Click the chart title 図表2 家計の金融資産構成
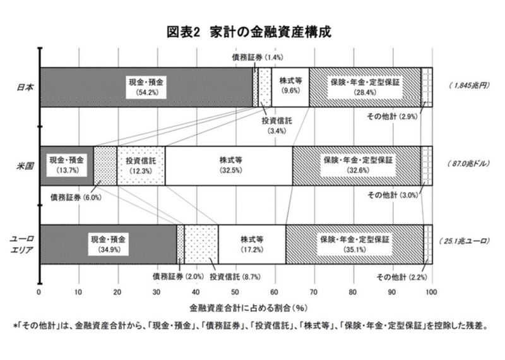252,32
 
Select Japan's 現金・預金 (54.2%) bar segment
146,87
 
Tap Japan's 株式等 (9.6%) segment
290,87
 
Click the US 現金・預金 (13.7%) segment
66,165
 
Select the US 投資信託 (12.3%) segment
141,165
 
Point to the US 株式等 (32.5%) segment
229,165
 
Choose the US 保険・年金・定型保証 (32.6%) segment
357,165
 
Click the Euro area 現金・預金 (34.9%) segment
108,244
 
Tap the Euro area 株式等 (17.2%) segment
252,244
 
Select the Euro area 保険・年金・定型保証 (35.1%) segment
354,244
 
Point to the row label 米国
25,165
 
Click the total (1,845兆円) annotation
468,85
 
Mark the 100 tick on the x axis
431,292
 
